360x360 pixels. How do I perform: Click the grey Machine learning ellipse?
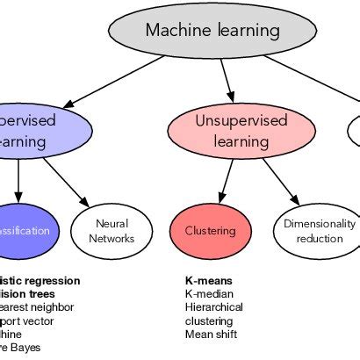pos(212,31)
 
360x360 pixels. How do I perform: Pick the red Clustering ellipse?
pos(210,231)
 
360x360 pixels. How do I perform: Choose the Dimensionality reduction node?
pos(319,231)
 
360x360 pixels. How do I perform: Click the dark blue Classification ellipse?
pos(22,231)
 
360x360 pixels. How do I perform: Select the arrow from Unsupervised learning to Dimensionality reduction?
pos(279,179)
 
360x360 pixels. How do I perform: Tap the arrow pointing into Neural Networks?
pos(66,181)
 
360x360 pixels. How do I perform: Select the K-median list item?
pos(207,294)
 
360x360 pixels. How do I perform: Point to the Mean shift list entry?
pos(211,334)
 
